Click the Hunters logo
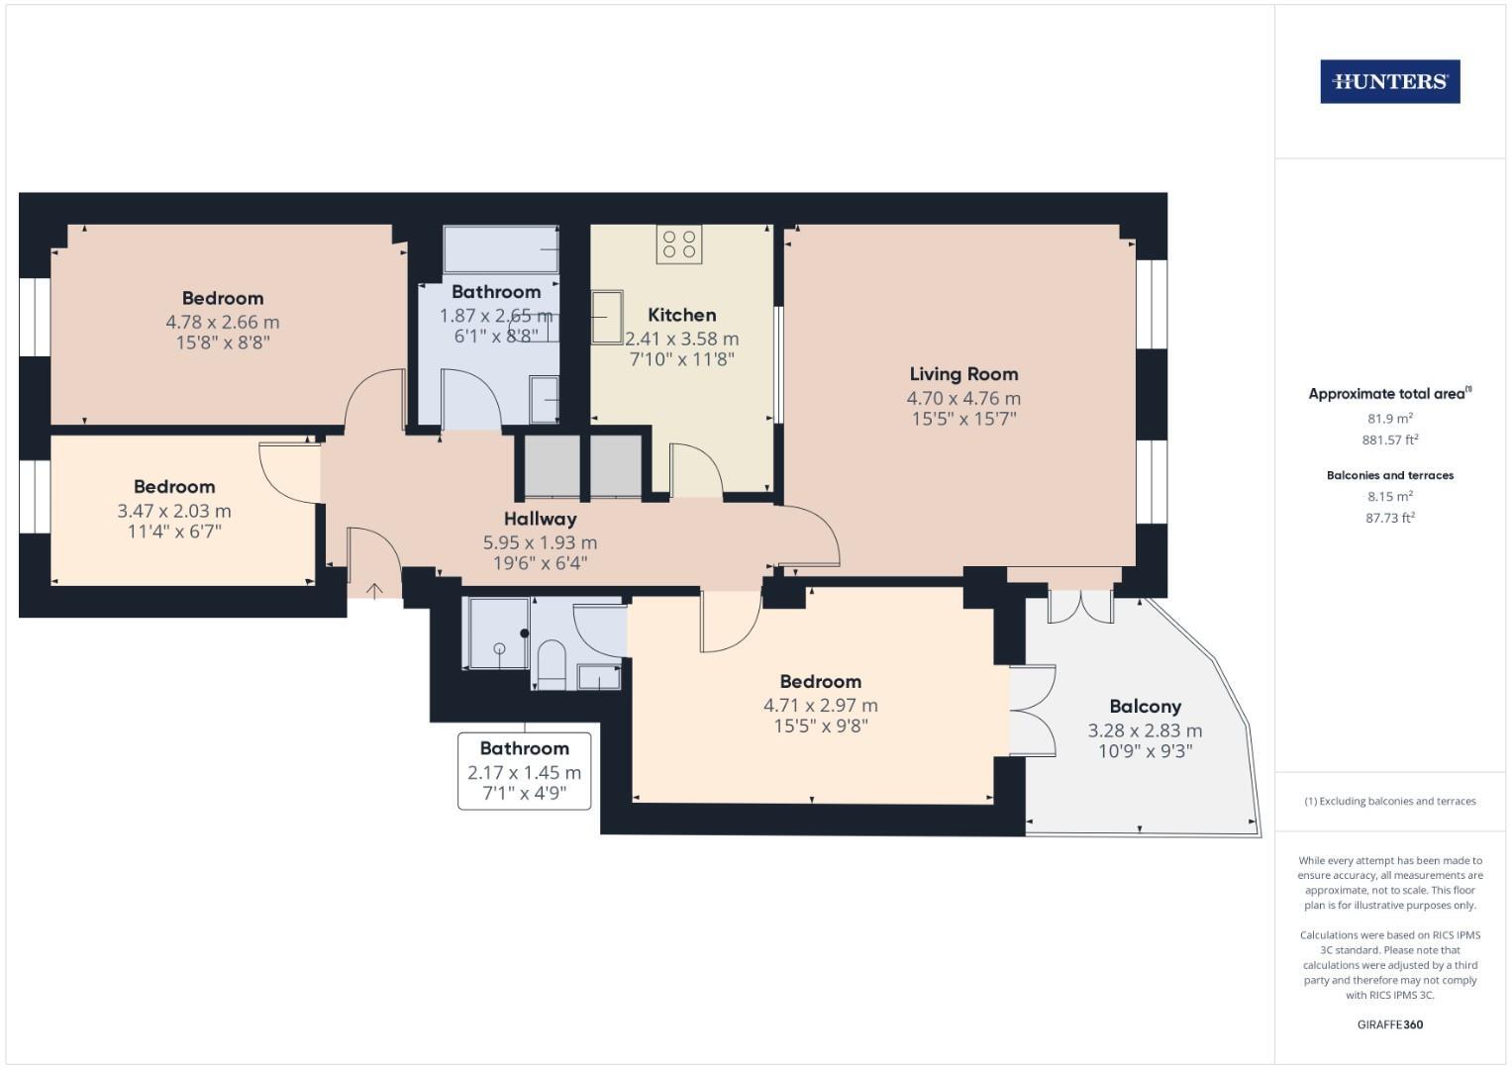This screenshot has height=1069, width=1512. click(x=1389, y=82)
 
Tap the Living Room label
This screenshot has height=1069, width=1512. click(x=963, y=374)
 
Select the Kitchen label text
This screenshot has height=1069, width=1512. click(x=681, y=315)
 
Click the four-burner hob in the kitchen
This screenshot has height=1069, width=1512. click(x=678, y=244)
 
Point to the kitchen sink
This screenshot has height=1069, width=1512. click(x=607, y=317)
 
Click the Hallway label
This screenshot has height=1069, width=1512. click(x=540, y=519)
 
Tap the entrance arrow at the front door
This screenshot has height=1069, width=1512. click(x=375, y=591)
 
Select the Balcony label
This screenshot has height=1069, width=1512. click(x=1145, y=707)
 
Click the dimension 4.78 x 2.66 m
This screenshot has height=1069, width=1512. click(x=222, y=322)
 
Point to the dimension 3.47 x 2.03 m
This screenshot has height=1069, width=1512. click(x=173, y=511)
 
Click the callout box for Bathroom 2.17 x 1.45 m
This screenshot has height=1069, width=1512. click(x=524, y=771)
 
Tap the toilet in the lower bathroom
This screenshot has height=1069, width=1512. click(x=550, y=663)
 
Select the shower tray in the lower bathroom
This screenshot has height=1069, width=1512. click(x=499, y=633)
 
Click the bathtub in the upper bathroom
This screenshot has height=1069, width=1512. click(x=501, y=248)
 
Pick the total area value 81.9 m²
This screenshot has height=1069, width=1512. click(x=1389, y=418)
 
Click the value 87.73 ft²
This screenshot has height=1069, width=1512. click(x=1389, y=518)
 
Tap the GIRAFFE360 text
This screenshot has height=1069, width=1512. click(x=1389, y=1024)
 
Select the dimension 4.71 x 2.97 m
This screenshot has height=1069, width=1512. click(x=820, y=706)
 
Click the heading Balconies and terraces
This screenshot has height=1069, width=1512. click(x=1389, y=475)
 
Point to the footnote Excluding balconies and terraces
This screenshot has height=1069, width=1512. click(x=1389, y=801)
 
